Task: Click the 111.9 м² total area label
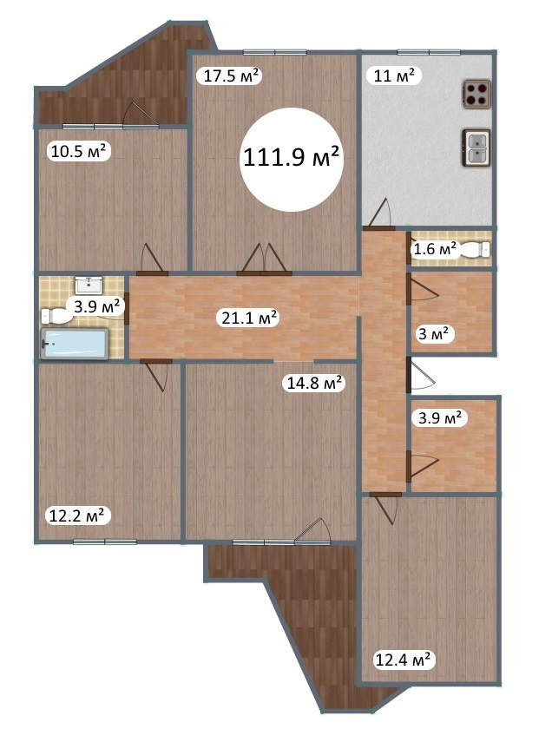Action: (292, 158)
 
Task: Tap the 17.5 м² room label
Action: (231, 76)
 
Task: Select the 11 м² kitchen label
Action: (394, 76)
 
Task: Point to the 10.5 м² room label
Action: (79, 151)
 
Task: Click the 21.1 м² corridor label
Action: (249, 318)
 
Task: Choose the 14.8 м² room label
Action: (315, 383)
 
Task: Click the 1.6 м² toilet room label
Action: (435, 248)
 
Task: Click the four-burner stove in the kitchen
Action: (477, 94)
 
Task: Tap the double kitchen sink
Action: (476, 148)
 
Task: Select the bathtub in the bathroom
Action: (76, 344)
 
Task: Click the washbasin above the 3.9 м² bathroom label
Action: (89, 285)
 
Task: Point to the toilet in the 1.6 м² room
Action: (475, 249)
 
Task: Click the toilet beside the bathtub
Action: (54, 316)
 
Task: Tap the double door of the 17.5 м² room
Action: (264, 259)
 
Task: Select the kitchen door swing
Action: (379, 213)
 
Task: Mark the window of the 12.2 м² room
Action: (104, 542)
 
